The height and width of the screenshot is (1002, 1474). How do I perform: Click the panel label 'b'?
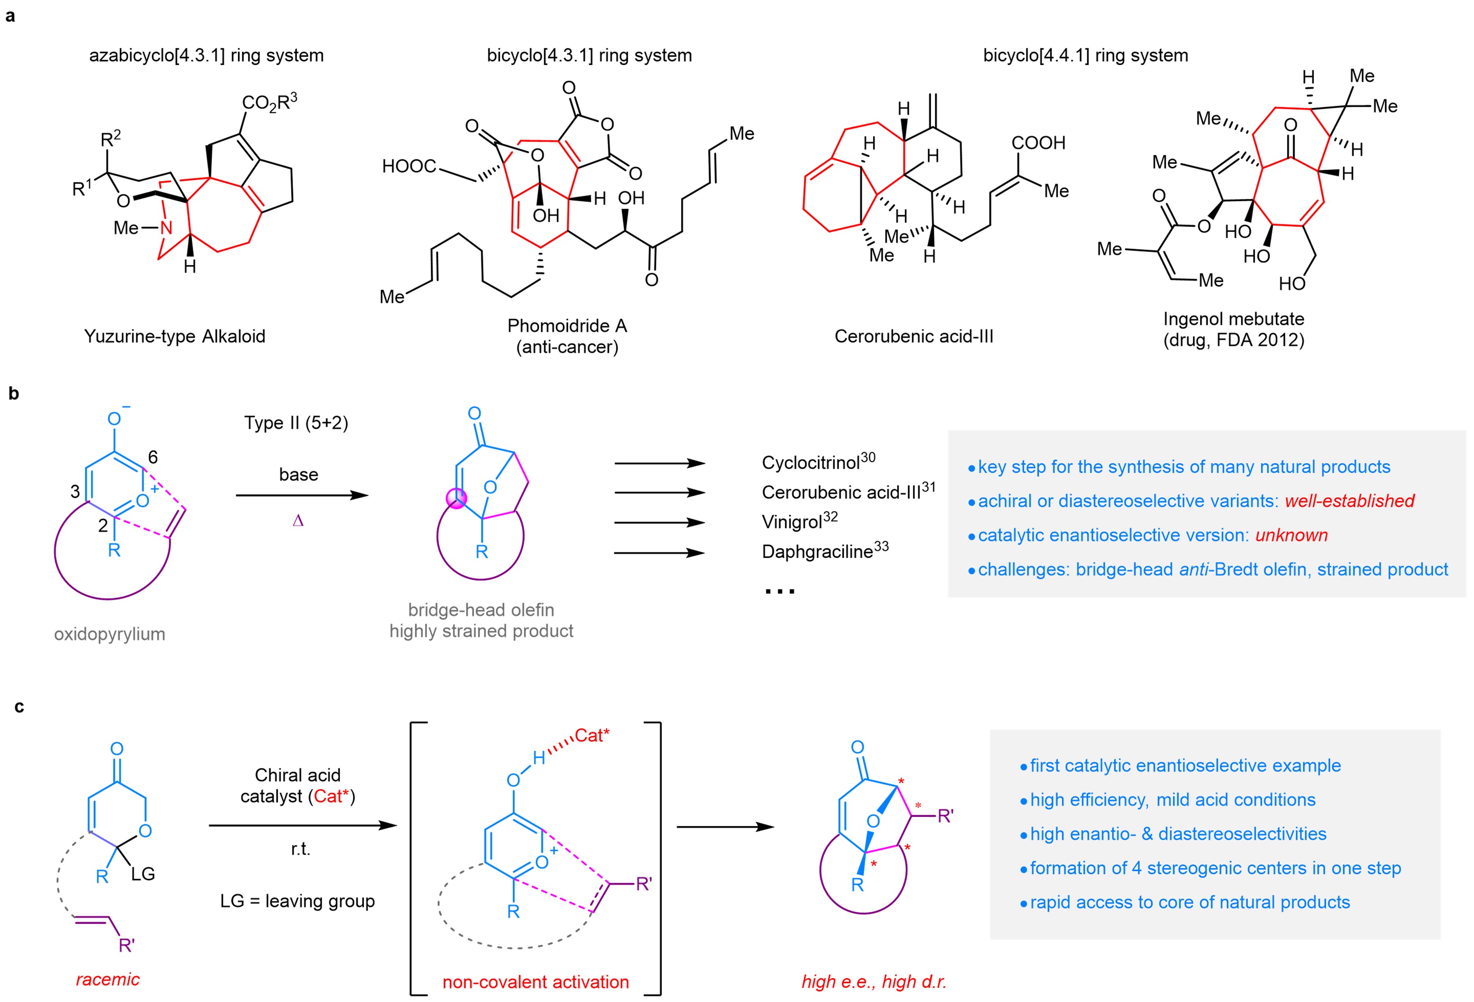14,394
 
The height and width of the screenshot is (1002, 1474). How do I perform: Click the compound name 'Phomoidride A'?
567,326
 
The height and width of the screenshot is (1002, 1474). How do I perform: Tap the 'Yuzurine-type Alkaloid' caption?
175,336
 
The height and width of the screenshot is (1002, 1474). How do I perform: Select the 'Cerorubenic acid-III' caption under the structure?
913,336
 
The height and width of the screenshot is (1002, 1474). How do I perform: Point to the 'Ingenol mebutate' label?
1233,319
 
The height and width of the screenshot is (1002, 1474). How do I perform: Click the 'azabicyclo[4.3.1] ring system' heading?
206,56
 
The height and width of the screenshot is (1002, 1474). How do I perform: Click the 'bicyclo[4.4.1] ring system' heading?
1085,56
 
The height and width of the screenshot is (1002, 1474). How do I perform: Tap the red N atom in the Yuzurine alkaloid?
166,228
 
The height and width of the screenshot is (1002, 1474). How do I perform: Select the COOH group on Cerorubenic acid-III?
1038,143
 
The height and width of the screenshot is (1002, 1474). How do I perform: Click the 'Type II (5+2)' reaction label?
296,423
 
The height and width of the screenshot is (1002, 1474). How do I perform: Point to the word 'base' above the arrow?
299,475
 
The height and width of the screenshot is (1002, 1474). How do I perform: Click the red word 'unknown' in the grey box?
1291,535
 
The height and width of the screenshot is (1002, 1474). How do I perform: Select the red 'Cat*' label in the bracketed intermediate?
591,736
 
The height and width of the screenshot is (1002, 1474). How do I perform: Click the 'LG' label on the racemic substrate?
143,874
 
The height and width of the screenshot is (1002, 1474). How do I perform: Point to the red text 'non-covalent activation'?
535,982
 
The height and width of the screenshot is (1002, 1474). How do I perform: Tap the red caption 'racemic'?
108,979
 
